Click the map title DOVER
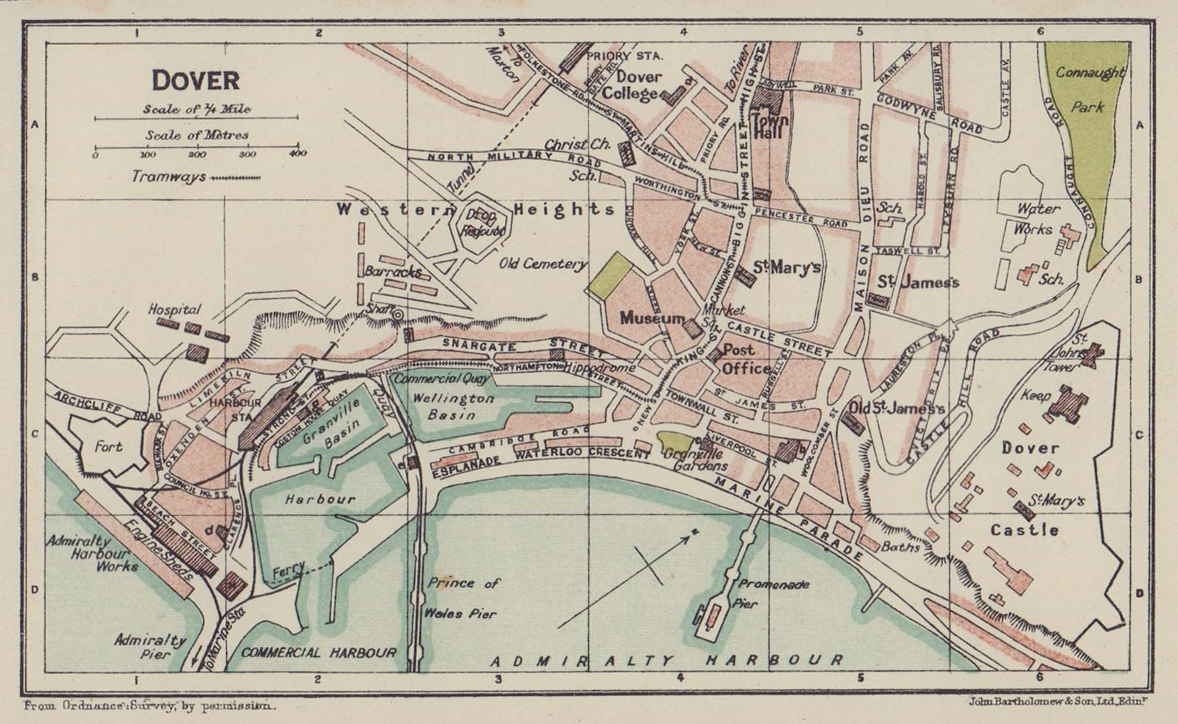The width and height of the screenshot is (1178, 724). pos(195,80)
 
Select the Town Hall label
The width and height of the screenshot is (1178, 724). pos(770,126)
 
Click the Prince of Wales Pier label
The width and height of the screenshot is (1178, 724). pos(463,597)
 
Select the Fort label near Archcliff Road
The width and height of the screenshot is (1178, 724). pos(108,446)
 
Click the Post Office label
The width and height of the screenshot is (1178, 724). pos(745,359)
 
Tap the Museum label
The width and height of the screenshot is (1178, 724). pos(652,317)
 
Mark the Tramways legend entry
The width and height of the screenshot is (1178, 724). pos(195,177)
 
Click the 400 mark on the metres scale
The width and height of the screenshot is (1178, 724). pos(297,154)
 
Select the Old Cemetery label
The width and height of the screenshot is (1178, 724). pos(543,264)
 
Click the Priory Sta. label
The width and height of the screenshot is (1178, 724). pos(625,55)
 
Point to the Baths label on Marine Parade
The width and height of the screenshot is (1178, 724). pos(900,547)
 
